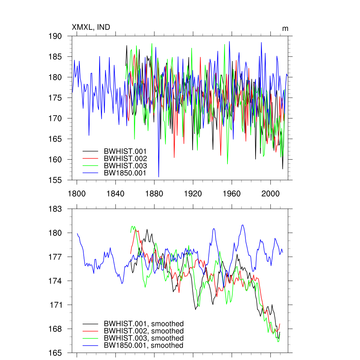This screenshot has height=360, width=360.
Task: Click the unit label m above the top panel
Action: point(285,28)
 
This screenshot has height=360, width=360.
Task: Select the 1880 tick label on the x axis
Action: point(154,194)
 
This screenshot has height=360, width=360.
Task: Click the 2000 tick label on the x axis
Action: point(270,194)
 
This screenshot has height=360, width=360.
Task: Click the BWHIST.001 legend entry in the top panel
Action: point(125,151)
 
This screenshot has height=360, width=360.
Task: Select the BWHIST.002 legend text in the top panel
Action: point(125,159)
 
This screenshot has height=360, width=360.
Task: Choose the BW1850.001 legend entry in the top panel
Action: point(125,173)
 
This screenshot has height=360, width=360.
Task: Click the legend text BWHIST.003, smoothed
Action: point(143,338)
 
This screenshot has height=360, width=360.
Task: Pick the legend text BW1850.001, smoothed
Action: point(143,346)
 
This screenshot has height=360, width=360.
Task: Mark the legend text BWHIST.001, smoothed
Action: point(143,324)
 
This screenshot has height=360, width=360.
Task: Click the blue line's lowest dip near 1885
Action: point(159,176)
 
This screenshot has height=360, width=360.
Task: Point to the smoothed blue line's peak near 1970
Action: point(243,225)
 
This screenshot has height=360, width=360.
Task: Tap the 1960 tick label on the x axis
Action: point(232,194)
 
